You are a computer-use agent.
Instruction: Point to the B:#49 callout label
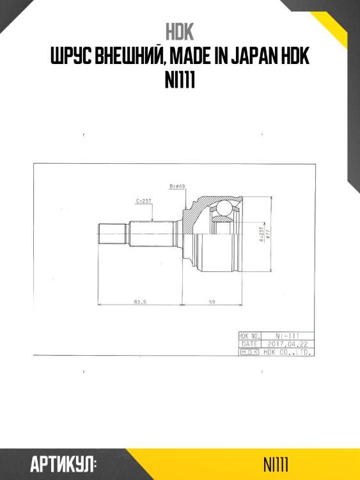coord(177,186)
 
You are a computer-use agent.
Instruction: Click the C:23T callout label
coord(143,201)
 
